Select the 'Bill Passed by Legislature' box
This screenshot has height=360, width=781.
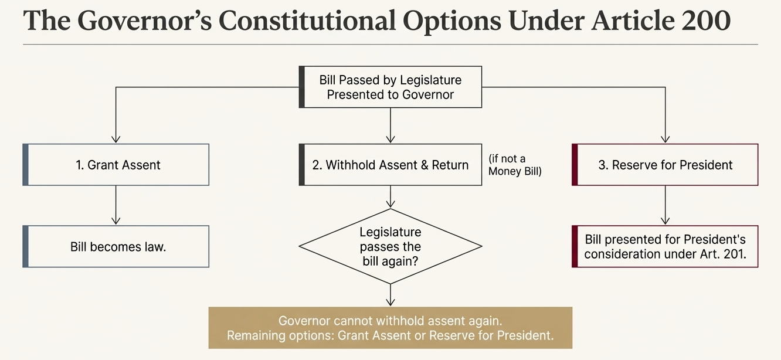[x=390, y=87]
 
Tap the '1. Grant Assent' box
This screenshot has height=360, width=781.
[x=116, y=165]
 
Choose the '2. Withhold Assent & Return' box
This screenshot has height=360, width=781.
[x=390, y=165]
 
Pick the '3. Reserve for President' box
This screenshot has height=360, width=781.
[x=665, y=165]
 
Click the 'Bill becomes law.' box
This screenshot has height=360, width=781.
[x=116, y=246]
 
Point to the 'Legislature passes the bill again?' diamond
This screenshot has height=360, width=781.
[x=390, y=246]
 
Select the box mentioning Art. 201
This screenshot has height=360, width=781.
[x=665, y=246]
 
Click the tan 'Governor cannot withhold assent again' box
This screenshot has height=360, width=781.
[x=390, y=328]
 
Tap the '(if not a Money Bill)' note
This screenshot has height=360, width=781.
[x=515, y=165]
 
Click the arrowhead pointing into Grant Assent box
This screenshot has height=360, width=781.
[x=116, y=140]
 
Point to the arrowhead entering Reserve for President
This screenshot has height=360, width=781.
[x=665, y=140]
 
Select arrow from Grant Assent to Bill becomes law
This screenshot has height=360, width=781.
[x=116, y=205]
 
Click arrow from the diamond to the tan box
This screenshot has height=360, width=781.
[x=390, y=295]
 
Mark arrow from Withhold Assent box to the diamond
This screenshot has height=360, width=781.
[x=390, y=197]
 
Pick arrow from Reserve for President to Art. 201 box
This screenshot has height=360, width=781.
[x=665, y=205]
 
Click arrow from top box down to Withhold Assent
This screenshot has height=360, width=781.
[x=390, y=125]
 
